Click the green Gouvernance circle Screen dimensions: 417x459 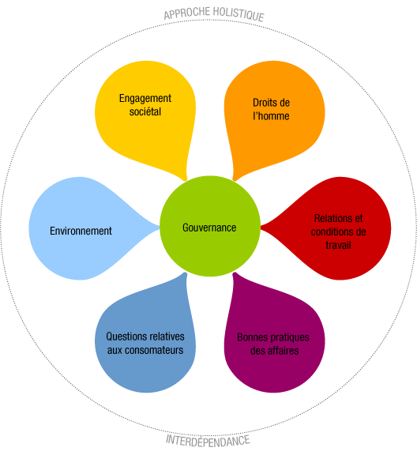coord(210,226)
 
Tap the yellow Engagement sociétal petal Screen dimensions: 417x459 coord(145,117)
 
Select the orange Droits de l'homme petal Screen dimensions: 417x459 coord(275,117)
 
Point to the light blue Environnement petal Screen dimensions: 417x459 coord(85,228)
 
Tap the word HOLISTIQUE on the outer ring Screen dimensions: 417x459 coord(239,13)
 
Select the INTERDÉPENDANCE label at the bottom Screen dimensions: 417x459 coord(208,441)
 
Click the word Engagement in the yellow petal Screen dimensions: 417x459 coord(145,99)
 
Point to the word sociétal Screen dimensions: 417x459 coord(145,111)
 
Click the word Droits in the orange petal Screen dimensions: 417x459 coord(261,103)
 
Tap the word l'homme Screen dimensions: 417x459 coord(271,116)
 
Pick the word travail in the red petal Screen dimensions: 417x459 coord(338,245)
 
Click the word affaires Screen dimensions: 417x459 coord(283,351)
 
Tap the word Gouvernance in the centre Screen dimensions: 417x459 coord(209,228)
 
